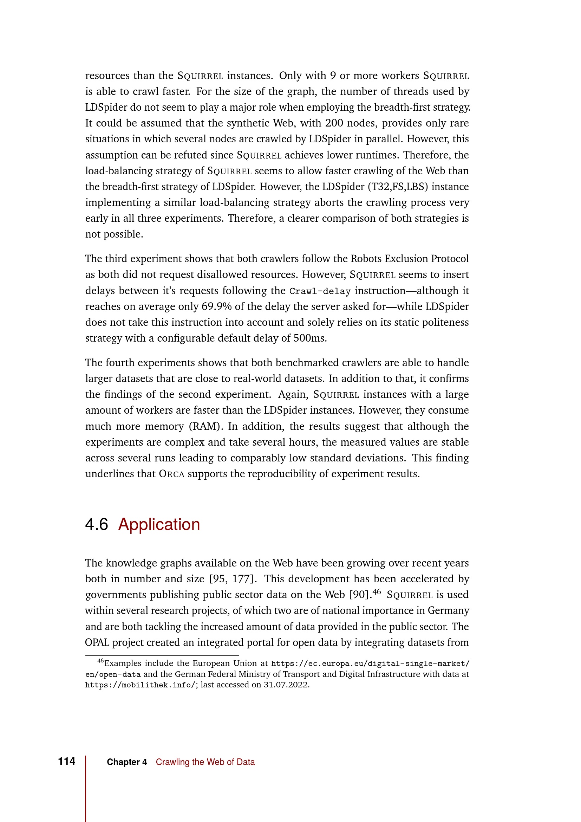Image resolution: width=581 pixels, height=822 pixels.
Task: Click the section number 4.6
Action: coord(96,524)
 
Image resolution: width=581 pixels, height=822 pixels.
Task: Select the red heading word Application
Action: coord(159,524)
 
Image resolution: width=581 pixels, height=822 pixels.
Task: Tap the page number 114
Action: coord(66,762)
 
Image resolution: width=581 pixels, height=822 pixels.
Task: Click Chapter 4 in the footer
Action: coord(127,762)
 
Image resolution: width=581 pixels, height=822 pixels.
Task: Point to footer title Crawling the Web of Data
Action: coord(205,762)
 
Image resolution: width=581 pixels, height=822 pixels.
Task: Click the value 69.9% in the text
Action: coord(216,306)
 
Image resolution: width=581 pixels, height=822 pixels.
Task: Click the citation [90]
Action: coord(360,595)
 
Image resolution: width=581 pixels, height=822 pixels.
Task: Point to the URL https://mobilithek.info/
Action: coord(140,685)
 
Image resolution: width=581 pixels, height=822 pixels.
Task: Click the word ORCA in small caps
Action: coord(171,474)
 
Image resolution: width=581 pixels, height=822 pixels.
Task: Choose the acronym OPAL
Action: coord(97,643)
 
